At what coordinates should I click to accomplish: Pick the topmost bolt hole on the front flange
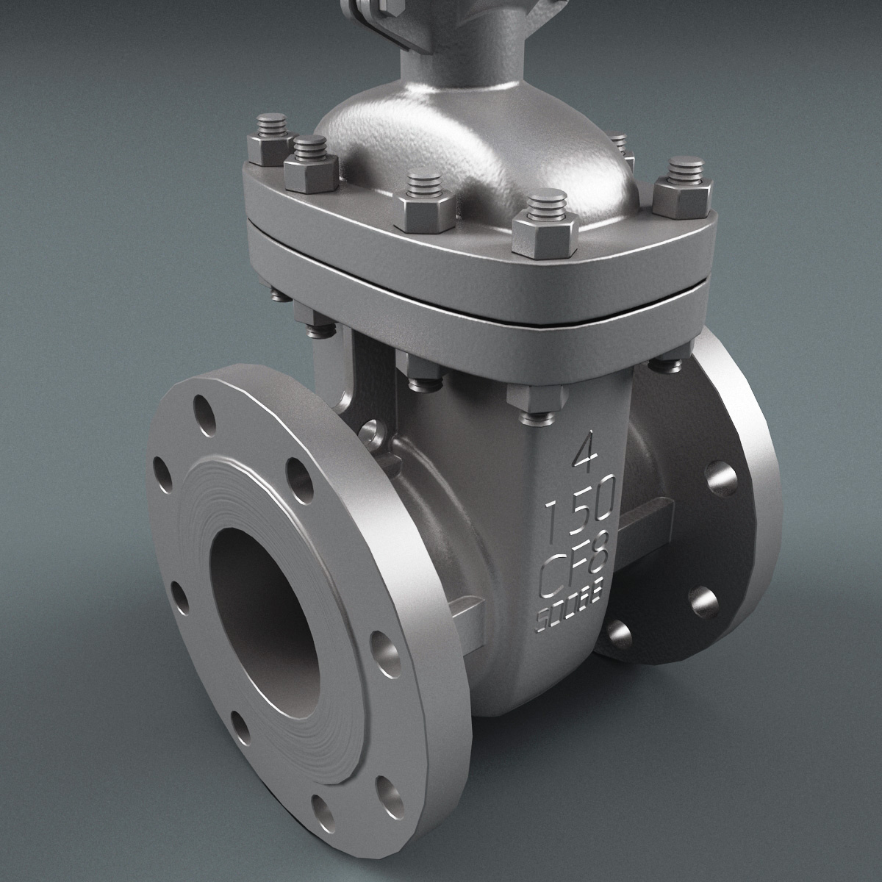coord(200,407)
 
